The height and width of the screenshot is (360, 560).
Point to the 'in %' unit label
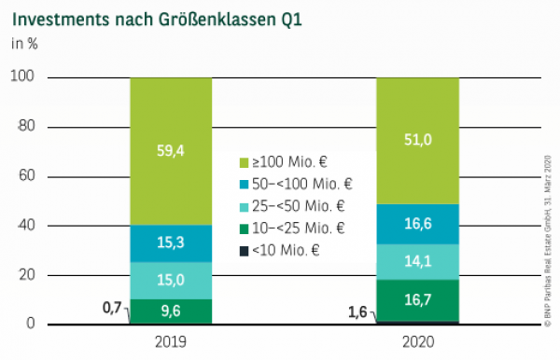23,43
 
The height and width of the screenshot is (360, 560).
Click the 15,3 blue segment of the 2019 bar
171,243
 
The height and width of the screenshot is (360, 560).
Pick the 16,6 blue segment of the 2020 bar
417,225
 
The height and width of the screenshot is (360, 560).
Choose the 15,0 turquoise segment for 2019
171,281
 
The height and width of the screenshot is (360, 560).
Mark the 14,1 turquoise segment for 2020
417,262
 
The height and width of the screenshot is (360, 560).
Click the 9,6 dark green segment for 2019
171,312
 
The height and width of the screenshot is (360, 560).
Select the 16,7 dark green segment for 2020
417,300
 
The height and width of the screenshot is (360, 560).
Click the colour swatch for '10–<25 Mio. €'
245,228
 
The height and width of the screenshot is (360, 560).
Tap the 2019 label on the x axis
171,341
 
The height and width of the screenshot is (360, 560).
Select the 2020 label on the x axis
417,341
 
